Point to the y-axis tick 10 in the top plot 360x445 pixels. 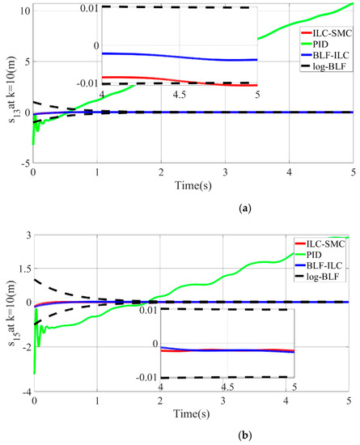(24, 11)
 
